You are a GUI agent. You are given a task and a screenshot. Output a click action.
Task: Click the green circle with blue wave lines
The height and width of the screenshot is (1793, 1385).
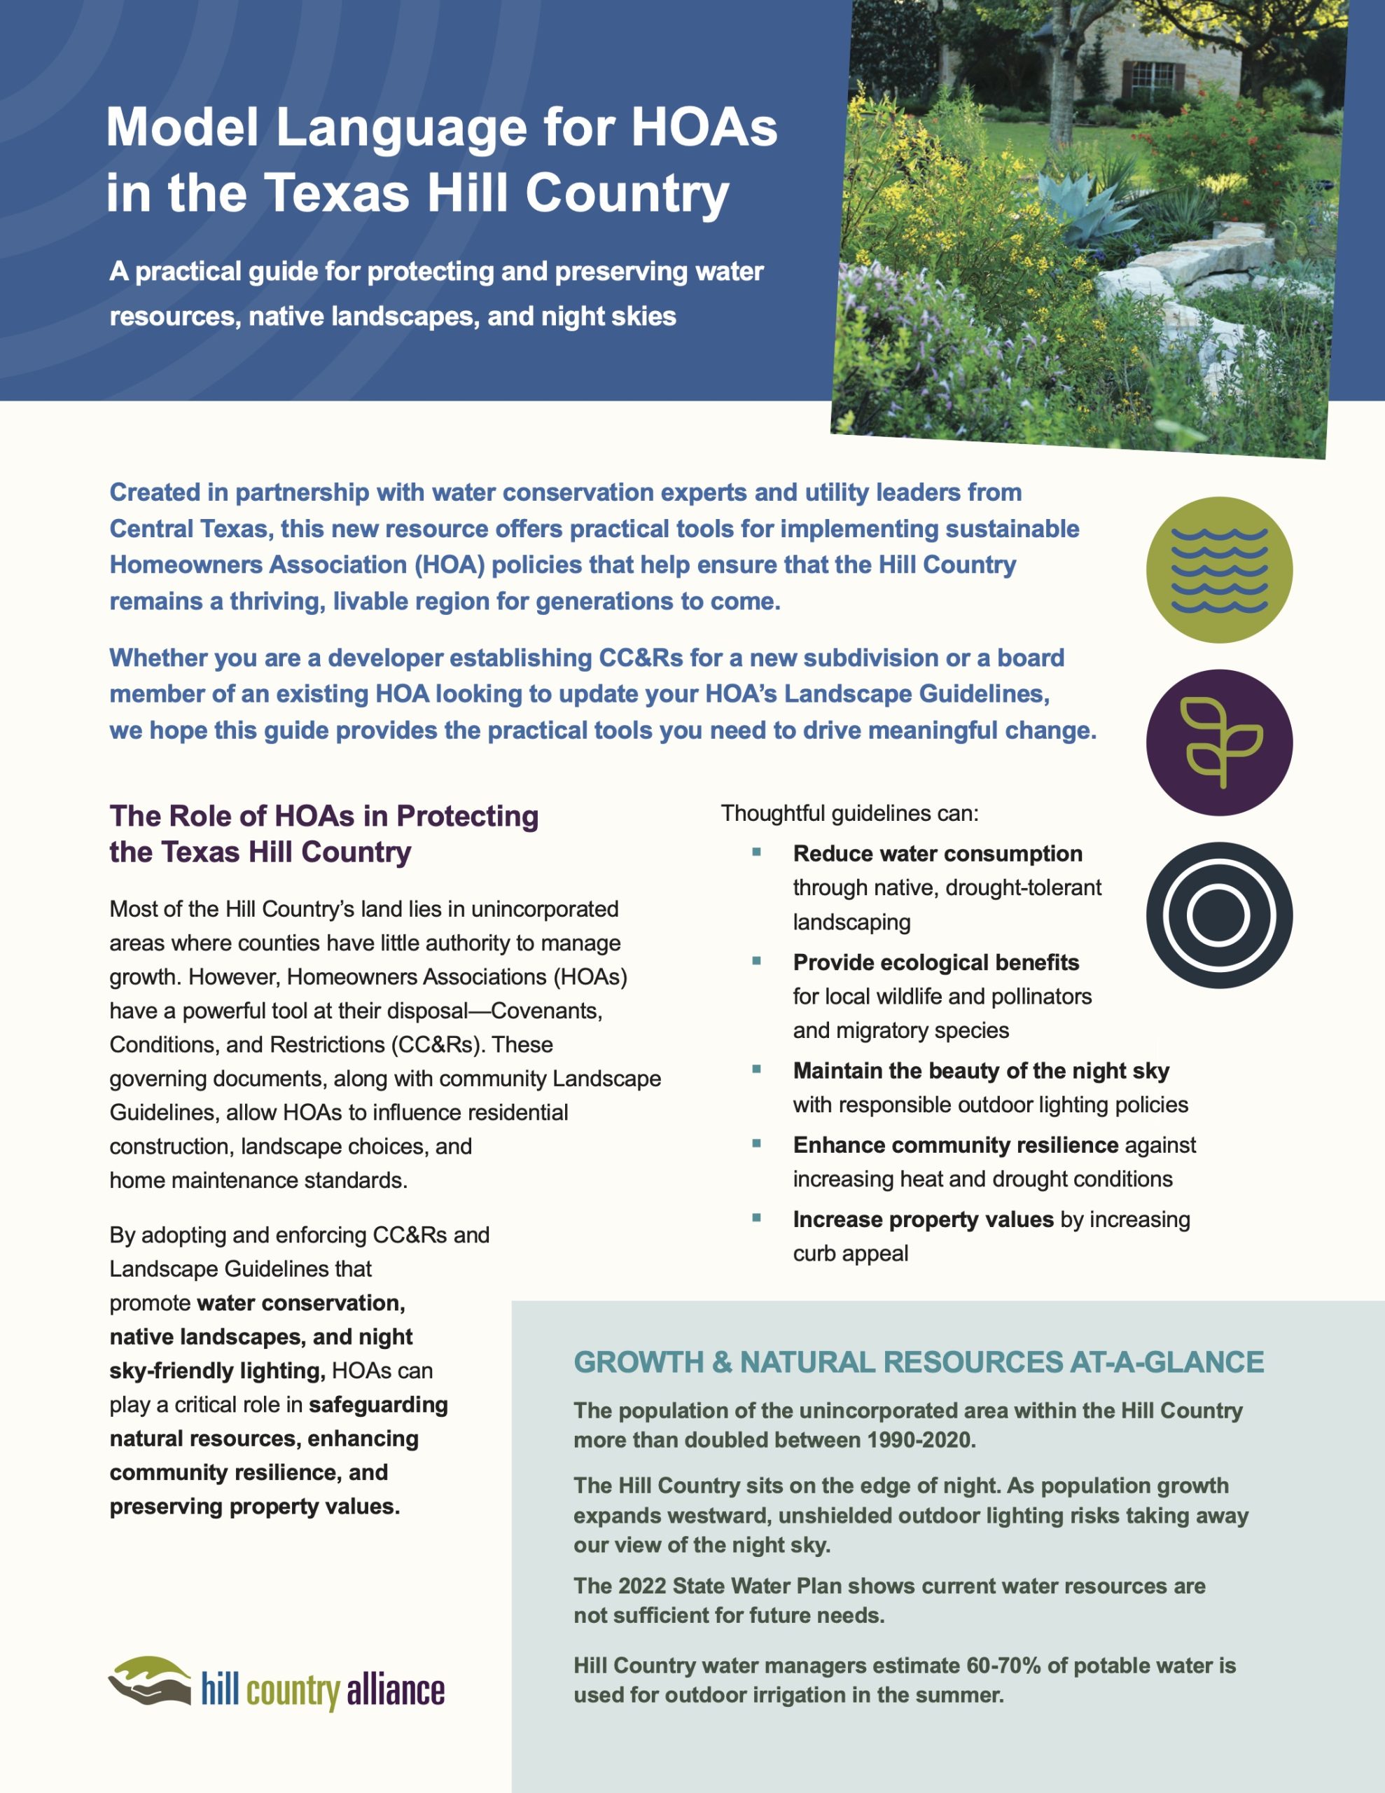(x=1218, y=569)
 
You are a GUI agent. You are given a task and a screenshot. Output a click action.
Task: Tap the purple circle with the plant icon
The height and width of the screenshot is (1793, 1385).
(x=1218, y=742)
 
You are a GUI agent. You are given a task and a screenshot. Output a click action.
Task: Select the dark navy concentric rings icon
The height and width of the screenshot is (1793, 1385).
(x=1218, y=915)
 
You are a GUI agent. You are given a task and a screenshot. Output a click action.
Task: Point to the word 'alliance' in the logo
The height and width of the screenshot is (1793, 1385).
(x=395, y=1690)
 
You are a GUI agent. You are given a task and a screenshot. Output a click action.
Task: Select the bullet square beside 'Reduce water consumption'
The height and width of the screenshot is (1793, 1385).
(x=756, y=852)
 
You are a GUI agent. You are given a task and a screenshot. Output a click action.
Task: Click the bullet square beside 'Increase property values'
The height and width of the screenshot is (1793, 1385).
(x=756, y=1217)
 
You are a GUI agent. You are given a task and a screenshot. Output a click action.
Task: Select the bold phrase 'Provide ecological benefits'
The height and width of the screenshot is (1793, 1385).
(x=935, y=962)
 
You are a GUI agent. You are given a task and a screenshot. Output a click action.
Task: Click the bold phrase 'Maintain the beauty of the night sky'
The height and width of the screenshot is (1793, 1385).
(x=980, y=1070)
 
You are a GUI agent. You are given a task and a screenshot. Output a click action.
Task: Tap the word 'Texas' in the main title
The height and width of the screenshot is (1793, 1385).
(x=337, y=194)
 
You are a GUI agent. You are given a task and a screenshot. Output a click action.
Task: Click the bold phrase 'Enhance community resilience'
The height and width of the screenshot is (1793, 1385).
(x=955, y=1144)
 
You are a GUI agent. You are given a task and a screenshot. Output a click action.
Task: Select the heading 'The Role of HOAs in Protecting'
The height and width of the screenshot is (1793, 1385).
(x=323, y=815)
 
